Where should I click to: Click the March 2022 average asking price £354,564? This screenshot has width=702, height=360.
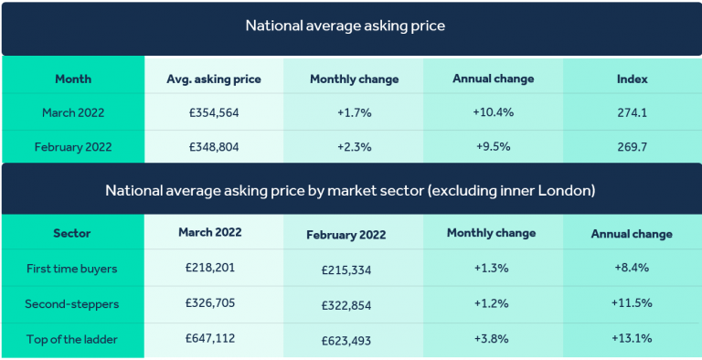(213, 113)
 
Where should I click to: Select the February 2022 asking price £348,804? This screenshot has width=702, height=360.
(213, 146)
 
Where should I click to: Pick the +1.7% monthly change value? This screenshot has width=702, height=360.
(354, 113)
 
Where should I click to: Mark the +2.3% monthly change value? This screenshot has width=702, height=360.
(354, 146)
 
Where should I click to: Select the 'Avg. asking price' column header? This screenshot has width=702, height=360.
(213, 79)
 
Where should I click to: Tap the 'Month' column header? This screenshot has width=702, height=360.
(73, 79)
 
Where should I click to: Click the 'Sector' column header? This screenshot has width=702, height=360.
(73, 233)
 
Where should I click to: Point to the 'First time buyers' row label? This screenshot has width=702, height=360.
(73, 268)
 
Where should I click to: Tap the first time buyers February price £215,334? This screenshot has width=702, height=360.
(352, 270)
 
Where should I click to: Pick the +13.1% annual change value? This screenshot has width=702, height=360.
(631, 337)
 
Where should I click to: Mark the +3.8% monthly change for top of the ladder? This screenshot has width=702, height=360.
(491, 337)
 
